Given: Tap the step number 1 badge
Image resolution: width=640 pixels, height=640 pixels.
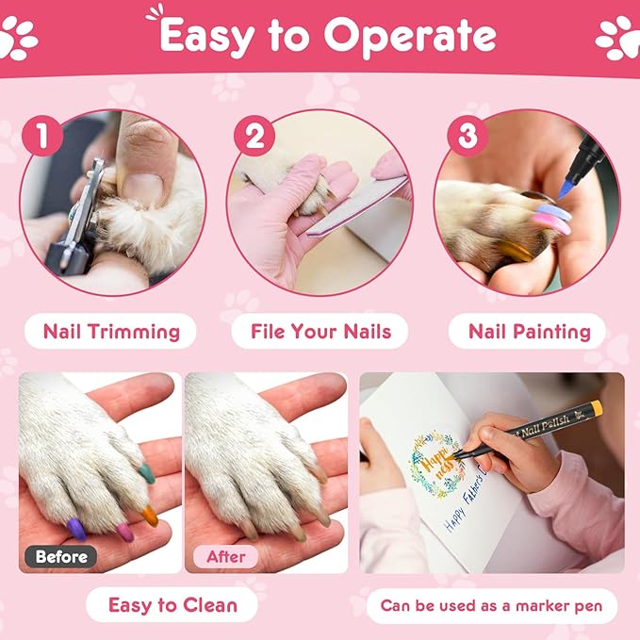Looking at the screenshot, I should point(41,138).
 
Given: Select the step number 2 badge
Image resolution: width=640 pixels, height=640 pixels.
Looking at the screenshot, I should point(254,138).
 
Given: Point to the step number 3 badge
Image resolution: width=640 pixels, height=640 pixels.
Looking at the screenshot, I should point(467,138).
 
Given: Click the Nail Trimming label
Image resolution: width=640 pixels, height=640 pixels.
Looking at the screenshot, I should point(111,332).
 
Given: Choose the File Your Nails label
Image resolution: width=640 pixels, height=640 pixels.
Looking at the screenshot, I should point(320,332).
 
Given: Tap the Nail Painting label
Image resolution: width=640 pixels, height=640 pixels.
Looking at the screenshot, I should point(530,332).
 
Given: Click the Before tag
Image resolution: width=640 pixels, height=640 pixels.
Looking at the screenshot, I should point(62,556).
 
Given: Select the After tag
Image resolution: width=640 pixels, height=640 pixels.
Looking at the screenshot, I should point(226,556).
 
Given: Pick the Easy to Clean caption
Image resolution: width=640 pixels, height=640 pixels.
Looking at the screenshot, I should point(172,605).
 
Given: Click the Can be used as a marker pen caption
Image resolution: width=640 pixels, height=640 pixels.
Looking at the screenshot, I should point(491,605).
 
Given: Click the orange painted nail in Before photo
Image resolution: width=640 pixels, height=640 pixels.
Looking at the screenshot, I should point(149,515).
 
